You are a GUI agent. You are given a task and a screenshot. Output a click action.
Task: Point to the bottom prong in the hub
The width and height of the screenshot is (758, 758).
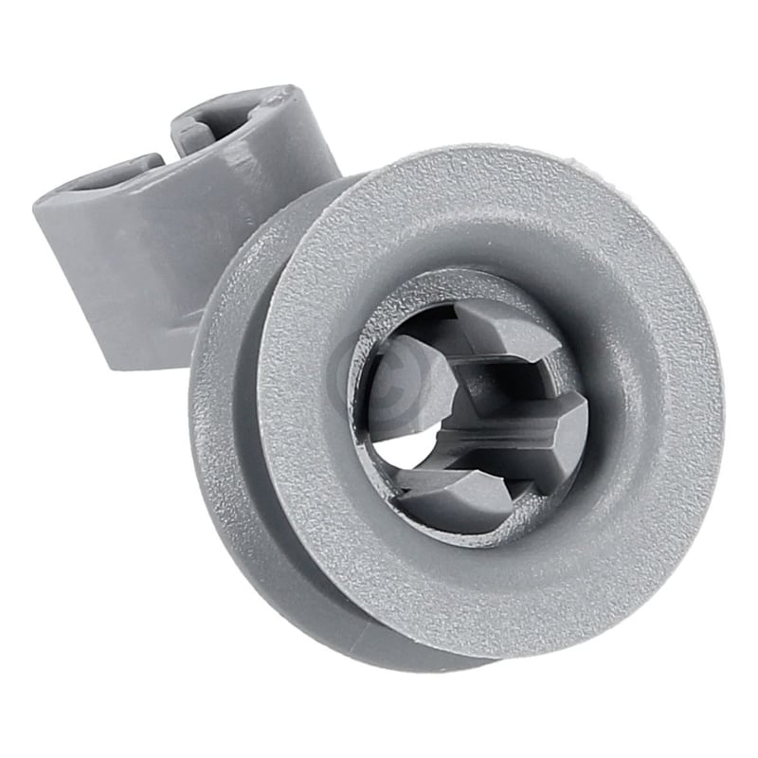pos(455,493)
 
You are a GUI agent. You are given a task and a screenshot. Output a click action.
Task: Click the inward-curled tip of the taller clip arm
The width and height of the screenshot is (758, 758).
pos(204,128)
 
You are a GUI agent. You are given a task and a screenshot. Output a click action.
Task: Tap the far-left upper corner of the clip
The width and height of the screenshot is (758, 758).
pos(40,201)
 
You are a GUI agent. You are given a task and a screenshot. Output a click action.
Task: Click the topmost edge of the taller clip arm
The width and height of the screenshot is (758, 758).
pos(275,92)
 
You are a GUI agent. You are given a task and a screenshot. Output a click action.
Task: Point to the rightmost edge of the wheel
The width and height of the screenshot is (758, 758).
pos(723,407)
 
